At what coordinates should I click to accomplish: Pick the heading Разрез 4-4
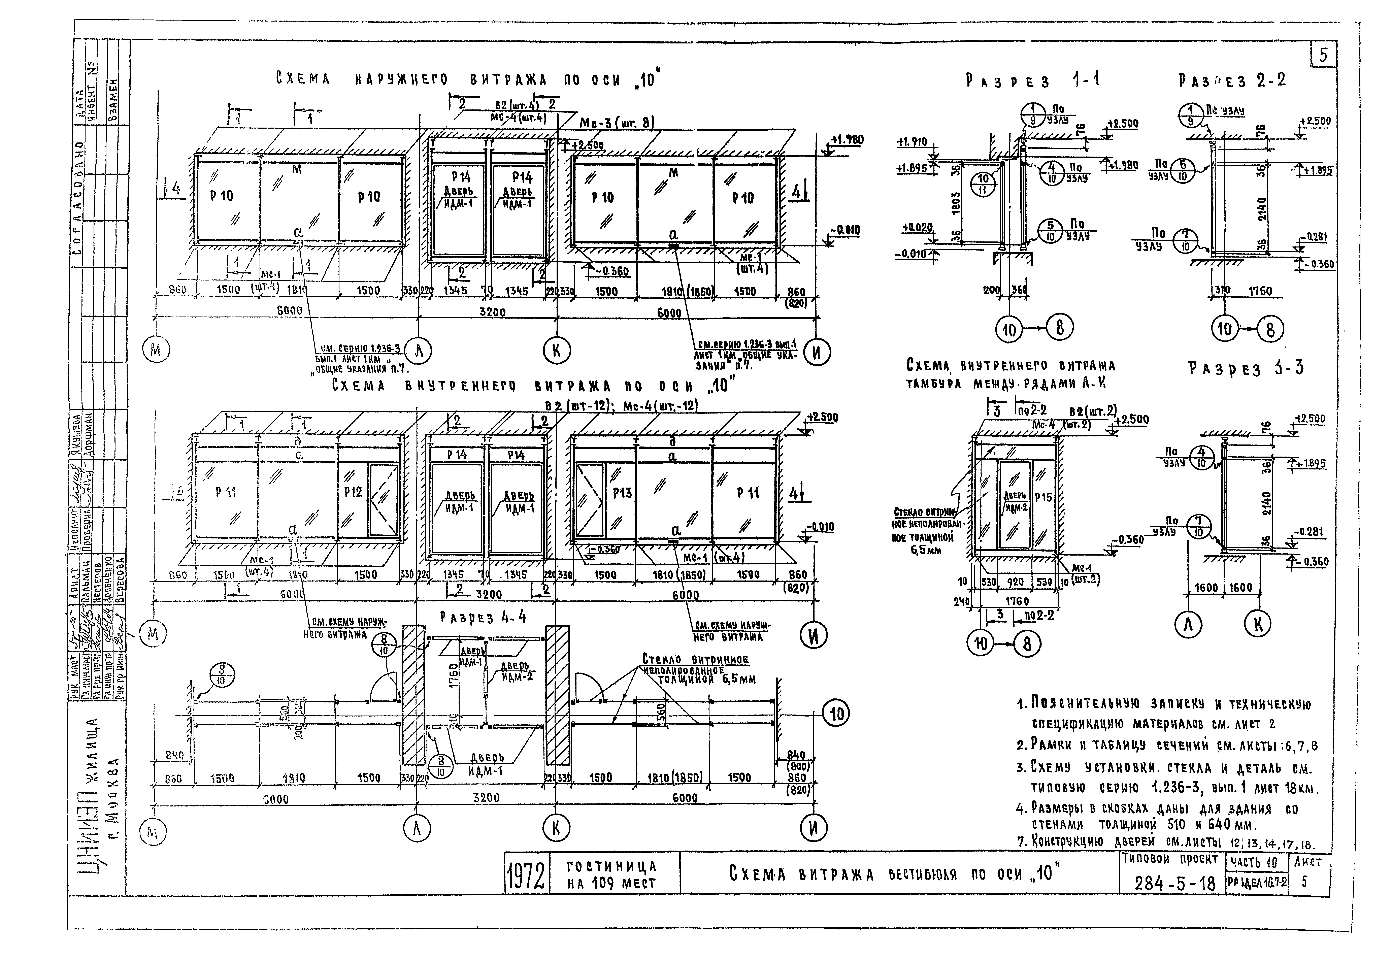point(483,617)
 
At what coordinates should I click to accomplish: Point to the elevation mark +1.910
point(912,142)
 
